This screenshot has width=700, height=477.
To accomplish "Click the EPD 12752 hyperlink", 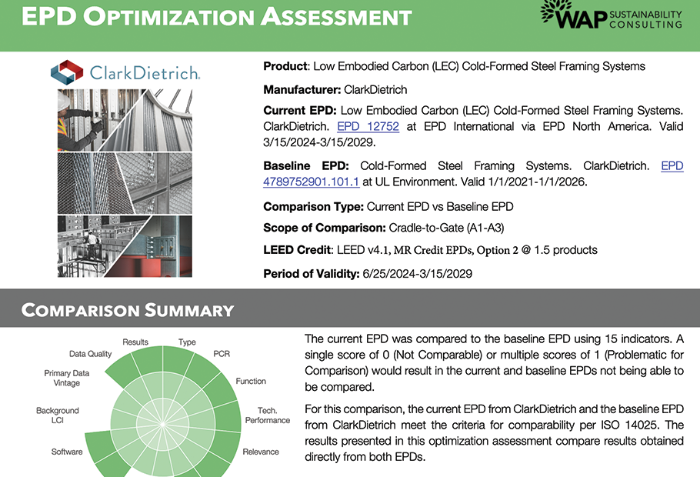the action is point(368,127).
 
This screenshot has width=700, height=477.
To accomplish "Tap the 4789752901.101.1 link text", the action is point(312,182).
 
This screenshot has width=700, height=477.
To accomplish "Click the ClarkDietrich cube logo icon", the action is point(67,72).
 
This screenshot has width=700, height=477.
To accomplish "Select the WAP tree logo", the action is point(556,12).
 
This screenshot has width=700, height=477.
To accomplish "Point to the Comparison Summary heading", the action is point(128,310).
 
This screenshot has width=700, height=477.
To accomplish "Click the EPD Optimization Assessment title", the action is point(216,16).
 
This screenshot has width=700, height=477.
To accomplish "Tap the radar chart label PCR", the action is point(222,354).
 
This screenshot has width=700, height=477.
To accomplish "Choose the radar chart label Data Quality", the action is point(90,354).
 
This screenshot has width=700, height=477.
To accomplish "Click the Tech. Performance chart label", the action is point(268,415).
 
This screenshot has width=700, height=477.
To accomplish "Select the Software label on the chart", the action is point(67,452).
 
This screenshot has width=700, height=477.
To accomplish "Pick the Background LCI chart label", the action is point(58,415).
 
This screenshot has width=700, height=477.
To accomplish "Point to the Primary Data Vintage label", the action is point(66,378).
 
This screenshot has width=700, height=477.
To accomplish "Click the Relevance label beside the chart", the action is point(261,452).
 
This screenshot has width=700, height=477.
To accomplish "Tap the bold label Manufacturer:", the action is point(302,90).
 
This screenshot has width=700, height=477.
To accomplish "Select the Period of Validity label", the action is point(312,273).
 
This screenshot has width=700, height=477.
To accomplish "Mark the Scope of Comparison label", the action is point(325,228).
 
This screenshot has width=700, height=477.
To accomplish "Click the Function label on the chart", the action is point(251,381).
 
